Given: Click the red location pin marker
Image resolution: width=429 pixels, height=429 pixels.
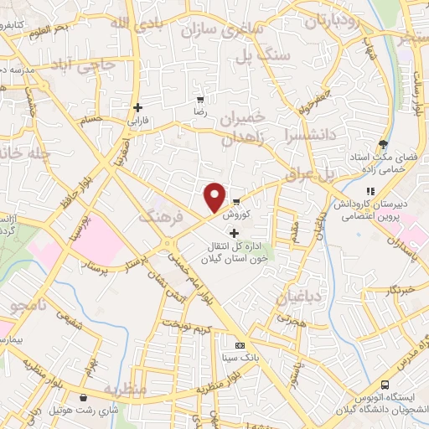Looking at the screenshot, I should [214, 197].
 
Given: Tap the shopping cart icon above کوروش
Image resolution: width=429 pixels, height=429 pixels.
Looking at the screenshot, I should [236, 202].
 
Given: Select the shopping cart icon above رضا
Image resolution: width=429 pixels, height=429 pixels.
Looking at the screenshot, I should [199, 98].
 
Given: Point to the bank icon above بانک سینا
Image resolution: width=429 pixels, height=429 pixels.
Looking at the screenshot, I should [240, 345].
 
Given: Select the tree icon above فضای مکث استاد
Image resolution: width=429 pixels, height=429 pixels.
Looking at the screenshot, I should [383, 144].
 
